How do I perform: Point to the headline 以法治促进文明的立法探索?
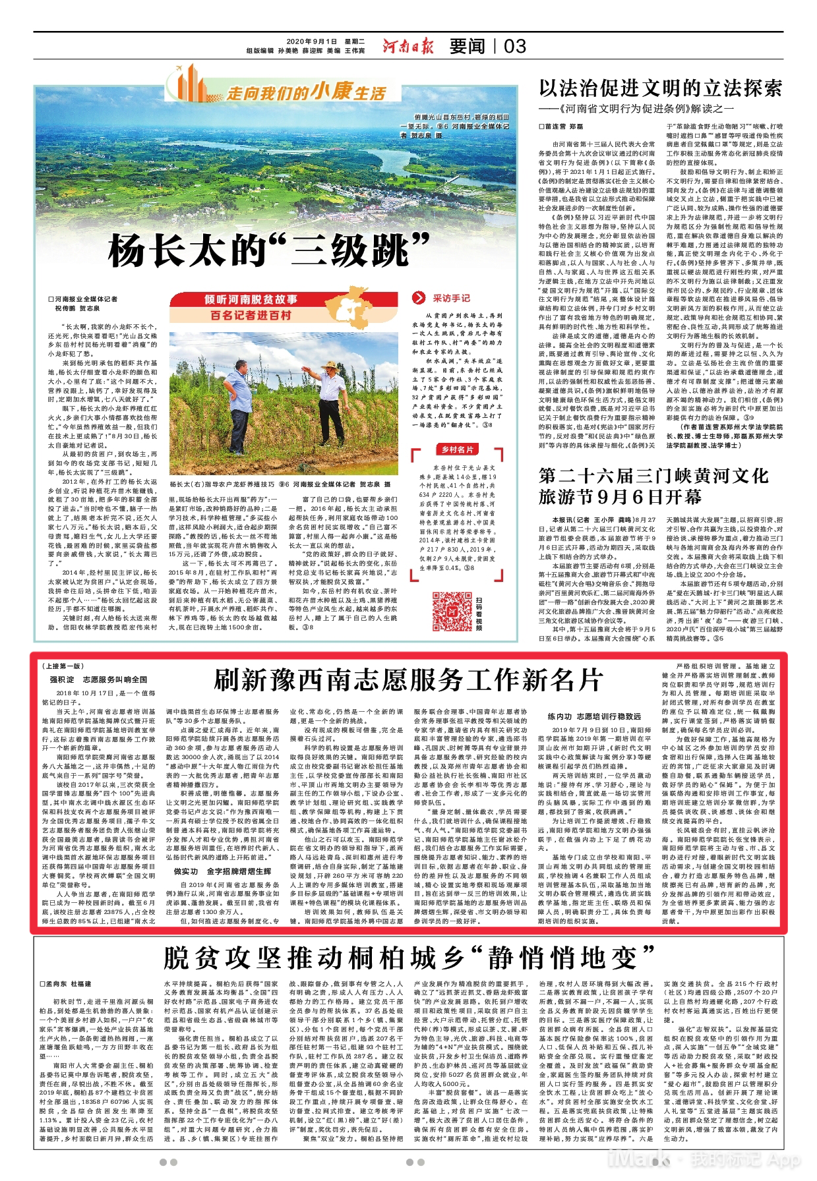(x=660, y=88)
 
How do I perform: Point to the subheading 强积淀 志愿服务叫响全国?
(x=98, y=679)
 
